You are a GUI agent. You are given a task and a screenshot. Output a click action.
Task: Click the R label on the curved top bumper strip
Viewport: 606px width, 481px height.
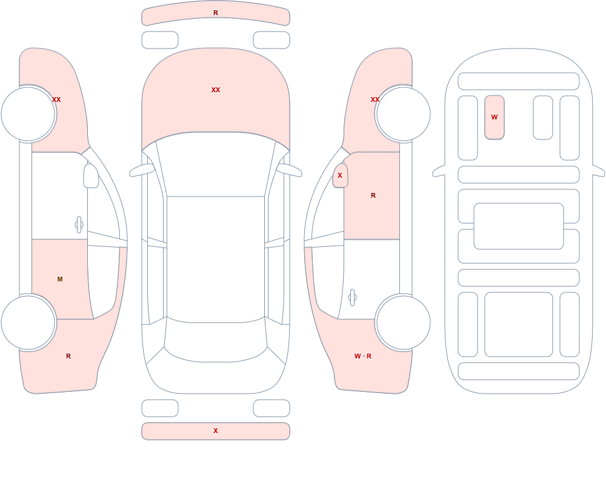click(216, 13)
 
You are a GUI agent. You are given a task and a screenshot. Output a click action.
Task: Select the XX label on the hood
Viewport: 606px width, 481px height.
click(216, 90)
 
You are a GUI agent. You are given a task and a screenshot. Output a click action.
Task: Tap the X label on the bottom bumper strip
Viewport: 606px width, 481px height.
click(216, 431)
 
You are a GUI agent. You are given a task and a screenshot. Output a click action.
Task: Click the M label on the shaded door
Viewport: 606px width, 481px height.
click(60, 279)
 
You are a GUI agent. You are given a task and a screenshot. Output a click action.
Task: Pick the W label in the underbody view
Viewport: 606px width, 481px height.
click(494, 117)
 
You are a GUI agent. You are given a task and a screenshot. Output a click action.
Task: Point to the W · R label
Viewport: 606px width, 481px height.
click(363, 356)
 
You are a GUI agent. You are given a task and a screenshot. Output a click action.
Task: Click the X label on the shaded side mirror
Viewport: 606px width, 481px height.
click(340, 175)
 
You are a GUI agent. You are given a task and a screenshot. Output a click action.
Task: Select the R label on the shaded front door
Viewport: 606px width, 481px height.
click(373, 195)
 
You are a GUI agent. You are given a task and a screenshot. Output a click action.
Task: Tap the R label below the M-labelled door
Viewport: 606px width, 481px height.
click(68, 356)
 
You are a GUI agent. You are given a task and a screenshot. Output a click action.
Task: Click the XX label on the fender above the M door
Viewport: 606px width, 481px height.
click(56, 99)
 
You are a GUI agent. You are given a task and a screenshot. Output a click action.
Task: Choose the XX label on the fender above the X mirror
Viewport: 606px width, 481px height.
click(375, 99)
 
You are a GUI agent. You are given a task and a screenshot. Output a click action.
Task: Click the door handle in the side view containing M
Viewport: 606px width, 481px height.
click(79, 225)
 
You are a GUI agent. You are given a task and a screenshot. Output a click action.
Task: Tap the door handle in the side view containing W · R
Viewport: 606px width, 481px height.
click(352, 298)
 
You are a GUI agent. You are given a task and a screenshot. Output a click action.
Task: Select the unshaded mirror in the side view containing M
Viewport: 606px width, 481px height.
click(92, 176)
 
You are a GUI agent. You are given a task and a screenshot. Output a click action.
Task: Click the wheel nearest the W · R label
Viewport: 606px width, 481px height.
click(403, 322)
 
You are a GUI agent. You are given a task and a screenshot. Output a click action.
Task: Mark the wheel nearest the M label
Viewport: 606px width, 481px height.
click(28, 322)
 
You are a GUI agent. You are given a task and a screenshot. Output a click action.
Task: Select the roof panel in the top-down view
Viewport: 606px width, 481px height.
click(216, 259)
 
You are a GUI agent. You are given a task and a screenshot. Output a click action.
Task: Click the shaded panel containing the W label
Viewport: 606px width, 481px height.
click(494, 117)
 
